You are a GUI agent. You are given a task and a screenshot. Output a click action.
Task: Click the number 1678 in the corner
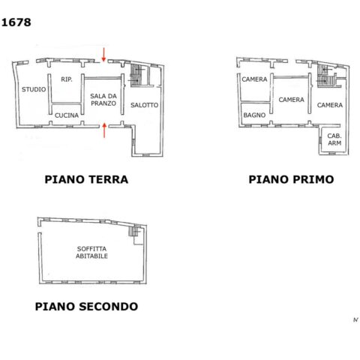point(16,22)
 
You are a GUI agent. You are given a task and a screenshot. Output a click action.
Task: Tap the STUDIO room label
point(34,89)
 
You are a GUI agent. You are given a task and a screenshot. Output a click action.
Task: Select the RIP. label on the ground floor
point(67,79)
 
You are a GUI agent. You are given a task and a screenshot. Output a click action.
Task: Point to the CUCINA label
point(67,115)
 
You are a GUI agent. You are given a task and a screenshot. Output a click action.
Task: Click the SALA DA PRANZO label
point(103,100)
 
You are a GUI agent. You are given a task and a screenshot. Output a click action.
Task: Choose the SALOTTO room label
point(145,105)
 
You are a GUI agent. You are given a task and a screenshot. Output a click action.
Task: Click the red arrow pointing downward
point(103,55)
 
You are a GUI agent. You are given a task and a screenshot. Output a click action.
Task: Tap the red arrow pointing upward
point(104,130)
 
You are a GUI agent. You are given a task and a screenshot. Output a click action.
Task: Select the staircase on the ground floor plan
point(136,75)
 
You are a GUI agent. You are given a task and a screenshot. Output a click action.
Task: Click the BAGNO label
point(254,115)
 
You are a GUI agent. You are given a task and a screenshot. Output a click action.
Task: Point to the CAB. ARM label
point(334,139)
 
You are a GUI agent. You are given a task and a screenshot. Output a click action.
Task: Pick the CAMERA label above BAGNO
point(254,79)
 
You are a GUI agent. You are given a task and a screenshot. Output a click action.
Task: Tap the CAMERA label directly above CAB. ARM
point(330,105)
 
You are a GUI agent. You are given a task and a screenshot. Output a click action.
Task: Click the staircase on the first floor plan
point(325,76)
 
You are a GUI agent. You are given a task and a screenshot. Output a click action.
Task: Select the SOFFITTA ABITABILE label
point(91,253)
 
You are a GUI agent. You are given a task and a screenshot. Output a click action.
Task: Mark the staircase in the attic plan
point(134,231)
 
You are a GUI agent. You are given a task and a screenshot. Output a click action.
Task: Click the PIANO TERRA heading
point(86,179)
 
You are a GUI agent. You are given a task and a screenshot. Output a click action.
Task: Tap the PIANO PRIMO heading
point(291,179)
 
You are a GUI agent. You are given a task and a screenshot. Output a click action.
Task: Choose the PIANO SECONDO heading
point(86,307)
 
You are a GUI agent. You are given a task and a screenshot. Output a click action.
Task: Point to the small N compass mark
point(355,319)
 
